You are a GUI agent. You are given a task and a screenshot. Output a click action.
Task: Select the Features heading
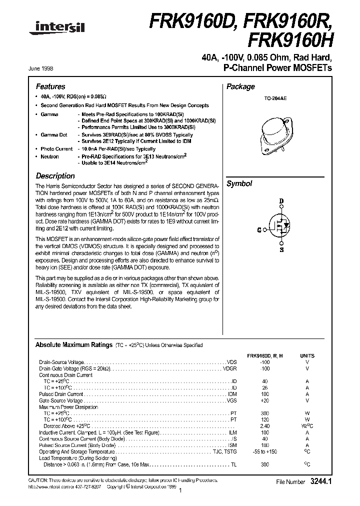(x=50, y=86)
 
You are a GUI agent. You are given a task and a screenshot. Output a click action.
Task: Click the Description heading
(x=55, y=176)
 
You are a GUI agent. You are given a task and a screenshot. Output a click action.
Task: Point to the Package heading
(x=240, y=86)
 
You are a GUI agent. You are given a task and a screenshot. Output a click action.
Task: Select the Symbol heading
(x=239, y=183)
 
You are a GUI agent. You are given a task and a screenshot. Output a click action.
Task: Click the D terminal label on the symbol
(x=281, y=201)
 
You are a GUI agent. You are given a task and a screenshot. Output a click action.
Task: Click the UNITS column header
(x=307, y=355)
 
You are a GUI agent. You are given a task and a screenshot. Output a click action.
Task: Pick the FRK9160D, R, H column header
(x=265, y=355)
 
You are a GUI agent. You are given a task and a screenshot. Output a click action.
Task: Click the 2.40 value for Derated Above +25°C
(x=265, y=426)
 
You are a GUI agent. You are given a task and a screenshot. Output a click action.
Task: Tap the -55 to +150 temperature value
(x=265, y=452)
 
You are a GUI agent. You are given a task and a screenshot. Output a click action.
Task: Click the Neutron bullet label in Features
(x=50, y=156)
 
